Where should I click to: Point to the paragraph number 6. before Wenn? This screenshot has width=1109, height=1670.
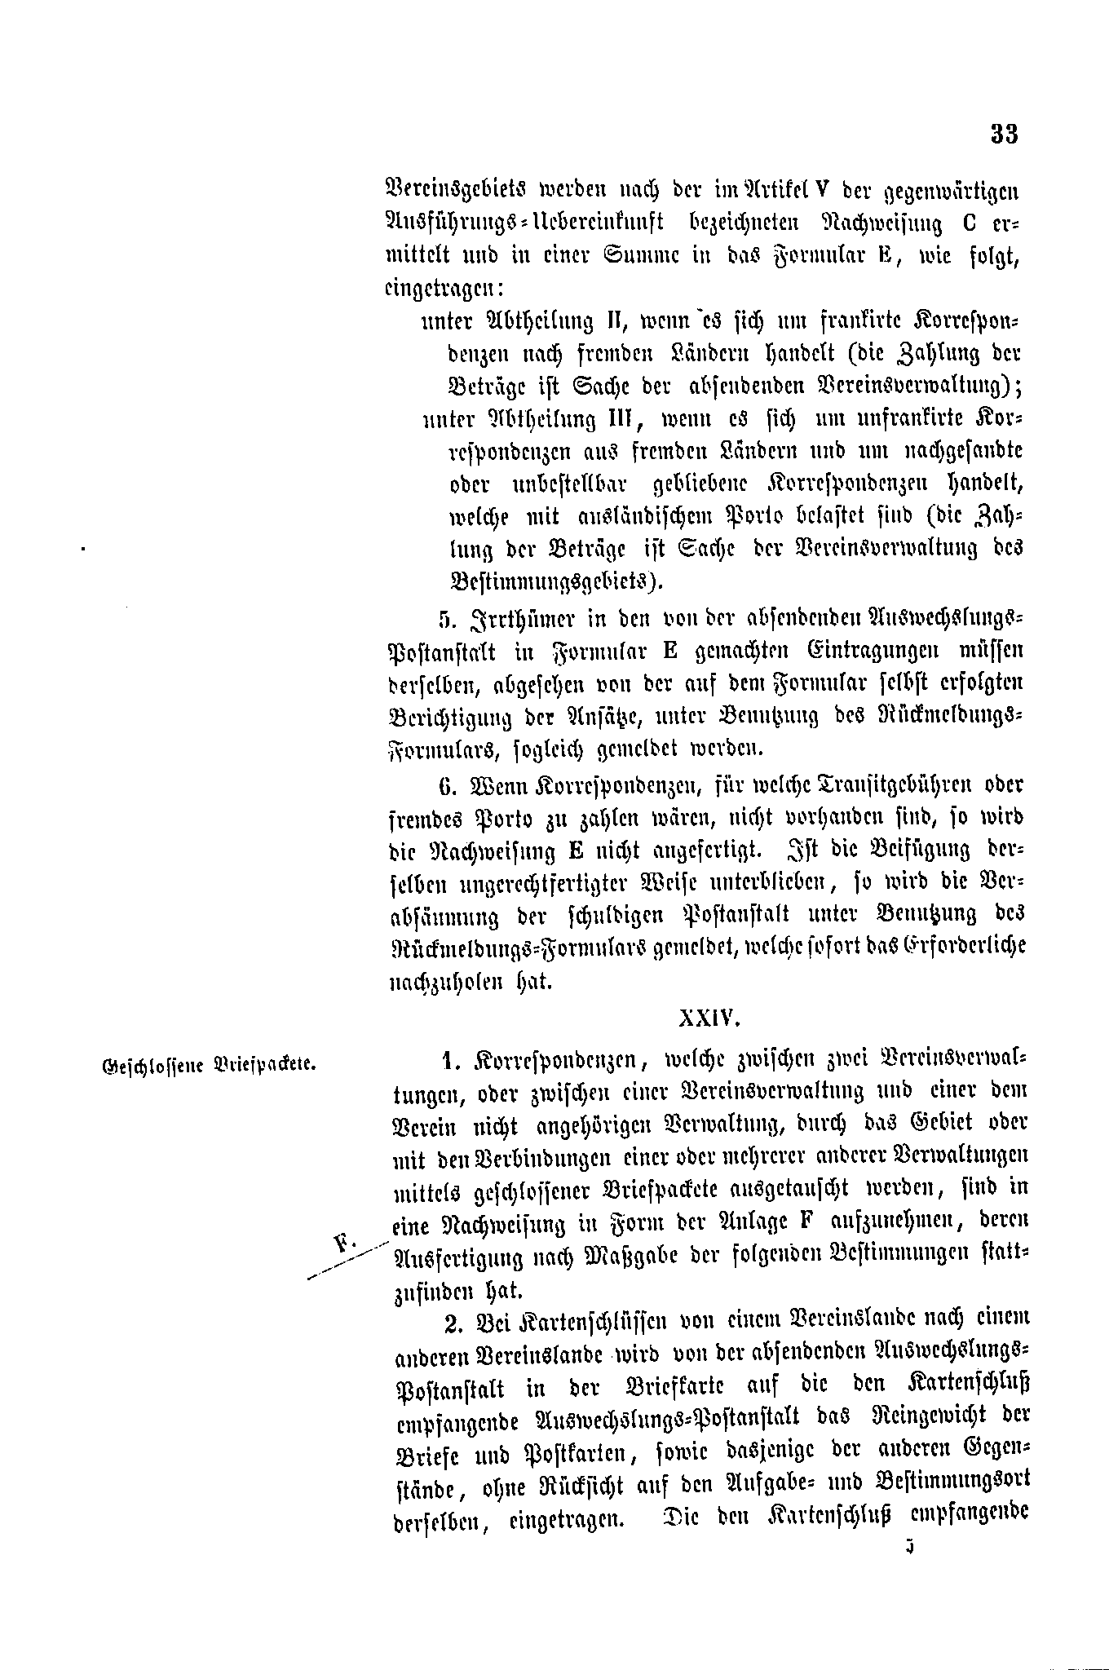pos(445,784)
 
